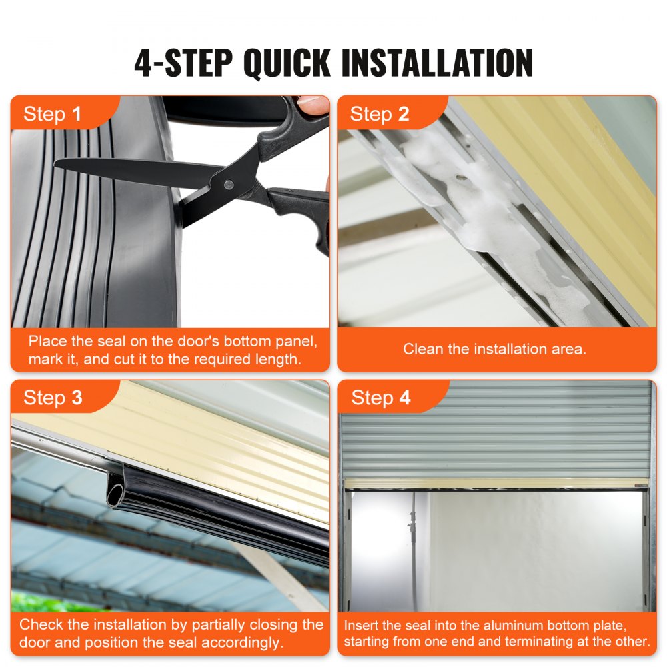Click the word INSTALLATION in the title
pos(436,63)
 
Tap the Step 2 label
pos(380,114)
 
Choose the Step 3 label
pos(53,398)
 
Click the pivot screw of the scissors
pos(229,183)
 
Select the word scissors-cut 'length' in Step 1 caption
pos(277,360)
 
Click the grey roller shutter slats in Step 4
pos(494,427)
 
